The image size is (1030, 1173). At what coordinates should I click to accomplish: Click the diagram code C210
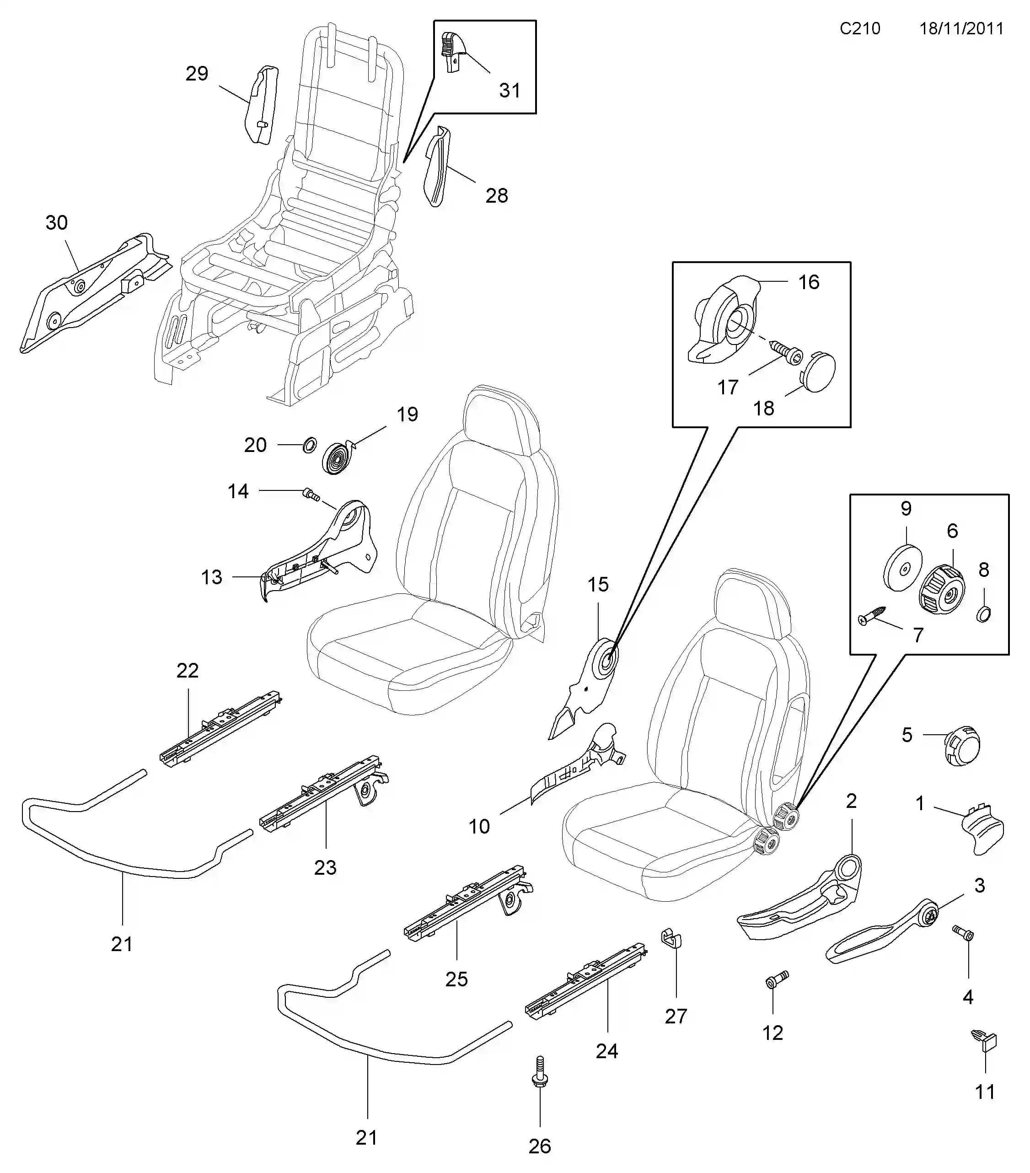click(859, 29)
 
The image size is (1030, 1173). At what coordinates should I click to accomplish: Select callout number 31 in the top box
click(509, 90)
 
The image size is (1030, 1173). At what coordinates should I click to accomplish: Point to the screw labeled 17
click(787, 352)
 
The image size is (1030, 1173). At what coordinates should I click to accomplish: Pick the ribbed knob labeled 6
click(942, 588)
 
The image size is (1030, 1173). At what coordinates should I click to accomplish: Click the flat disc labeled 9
click(902, 568)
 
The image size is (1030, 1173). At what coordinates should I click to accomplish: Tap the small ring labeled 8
click(983, 614)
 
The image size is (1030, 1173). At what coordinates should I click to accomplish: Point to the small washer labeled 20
click(309, 444)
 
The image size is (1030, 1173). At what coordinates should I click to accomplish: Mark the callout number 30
click(56, 223)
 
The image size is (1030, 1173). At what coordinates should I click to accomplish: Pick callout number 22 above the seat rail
click(187, 670)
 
